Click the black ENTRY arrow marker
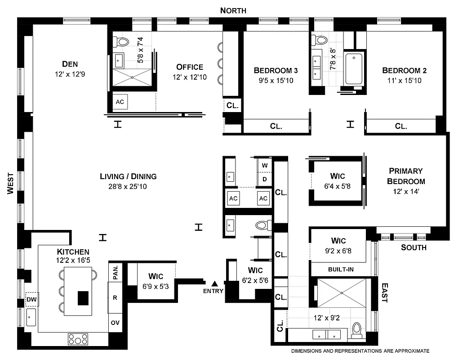click(215, 283)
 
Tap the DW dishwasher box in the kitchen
click(31, 299)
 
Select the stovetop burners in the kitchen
click(79, 338)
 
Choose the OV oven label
click(116, 323)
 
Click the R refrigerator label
click(116, 297)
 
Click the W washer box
click(265, 165)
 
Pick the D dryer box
click(265, 179)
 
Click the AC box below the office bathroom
click(120, 102)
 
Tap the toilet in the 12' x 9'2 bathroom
click(357, 330)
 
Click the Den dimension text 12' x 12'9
click(67, 74)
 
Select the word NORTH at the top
click(233, 10)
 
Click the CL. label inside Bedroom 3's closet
click(276, 126)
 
